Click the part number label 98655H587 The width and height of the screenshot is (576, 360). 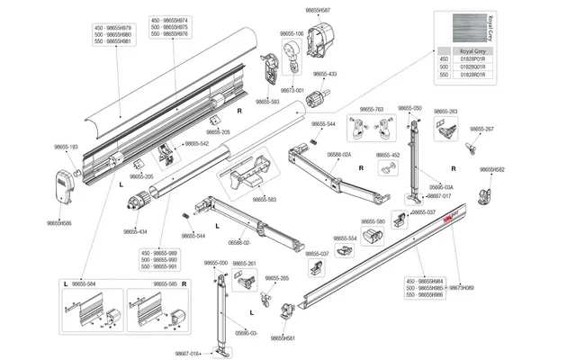(311, 11)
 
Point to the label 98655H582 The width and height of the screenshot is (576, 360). (491, 169)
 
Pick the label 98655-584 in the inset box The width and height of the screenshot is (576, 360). (85, 283)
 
